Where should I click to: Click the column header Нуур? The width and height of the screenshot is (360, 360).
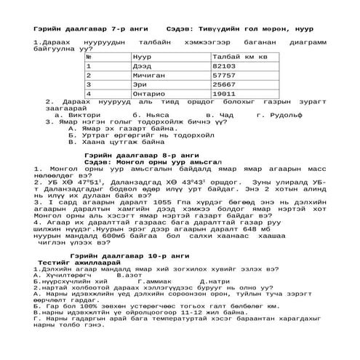point(143,55)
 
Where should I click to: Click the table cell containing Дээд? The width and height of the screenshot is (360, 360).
point(143,65)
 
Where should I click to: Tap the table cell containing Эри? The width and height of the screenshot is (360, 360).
point(141,84)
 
